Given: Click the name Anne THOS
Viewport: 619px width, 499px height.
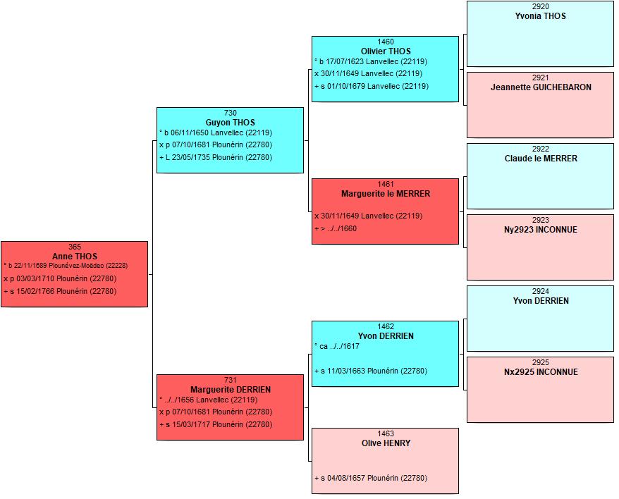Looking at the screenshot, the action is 75,257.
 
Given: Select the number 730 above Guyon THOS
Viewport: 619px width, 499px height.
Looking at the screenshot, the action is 230,113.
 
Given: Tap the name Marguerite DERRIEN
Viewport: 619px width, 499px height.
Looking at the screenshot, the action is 231,390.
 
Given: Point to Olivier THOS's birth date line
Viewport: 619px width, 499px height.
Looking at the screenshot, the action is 371,61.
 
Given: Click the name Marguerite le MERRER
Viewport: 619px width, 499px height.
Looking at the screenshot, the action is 386,194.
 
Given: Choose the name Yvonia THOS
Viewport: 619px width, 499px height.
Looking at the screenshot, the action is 541,16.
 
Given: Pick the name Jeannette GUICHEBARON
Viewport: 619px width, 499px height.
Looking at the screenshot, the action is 541,87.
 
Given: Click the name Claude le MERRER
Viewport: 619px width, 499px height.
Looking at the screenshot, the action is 541,159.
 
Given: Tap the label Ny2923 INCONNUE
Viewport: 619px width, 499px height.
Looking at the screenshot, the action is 541,230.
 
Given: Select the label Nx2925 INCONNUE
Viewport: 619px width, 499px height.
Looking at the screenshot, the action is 541,372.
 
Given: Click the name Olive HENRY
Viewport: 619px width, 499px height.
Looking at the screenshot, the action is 386,443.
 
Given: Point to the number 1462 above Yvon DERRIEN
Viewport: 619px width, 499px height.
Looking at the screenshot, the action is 386,326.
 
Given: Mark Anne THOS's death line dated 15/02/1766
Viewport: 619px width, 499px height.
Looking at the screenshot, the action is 60,291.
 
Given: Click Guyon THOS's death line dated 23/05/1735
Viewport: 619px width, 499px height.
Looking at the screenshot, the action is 216,157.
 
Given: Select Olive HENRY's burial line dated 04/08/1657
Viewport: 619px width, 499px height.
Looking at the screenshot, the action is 371,478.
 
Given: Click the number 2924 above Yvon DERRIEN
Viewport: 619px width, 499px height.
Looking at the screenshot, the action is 541,291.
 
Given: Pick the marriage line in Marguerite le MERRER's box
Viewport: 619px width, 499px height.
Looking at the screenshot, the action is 368,216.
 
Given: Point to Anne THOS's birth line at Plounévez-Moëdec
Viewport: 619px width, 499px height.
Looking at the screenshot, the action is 66,266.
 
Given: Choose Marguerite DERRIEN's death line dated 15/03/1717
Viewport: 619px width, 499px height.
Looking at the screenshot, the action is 216,425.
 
